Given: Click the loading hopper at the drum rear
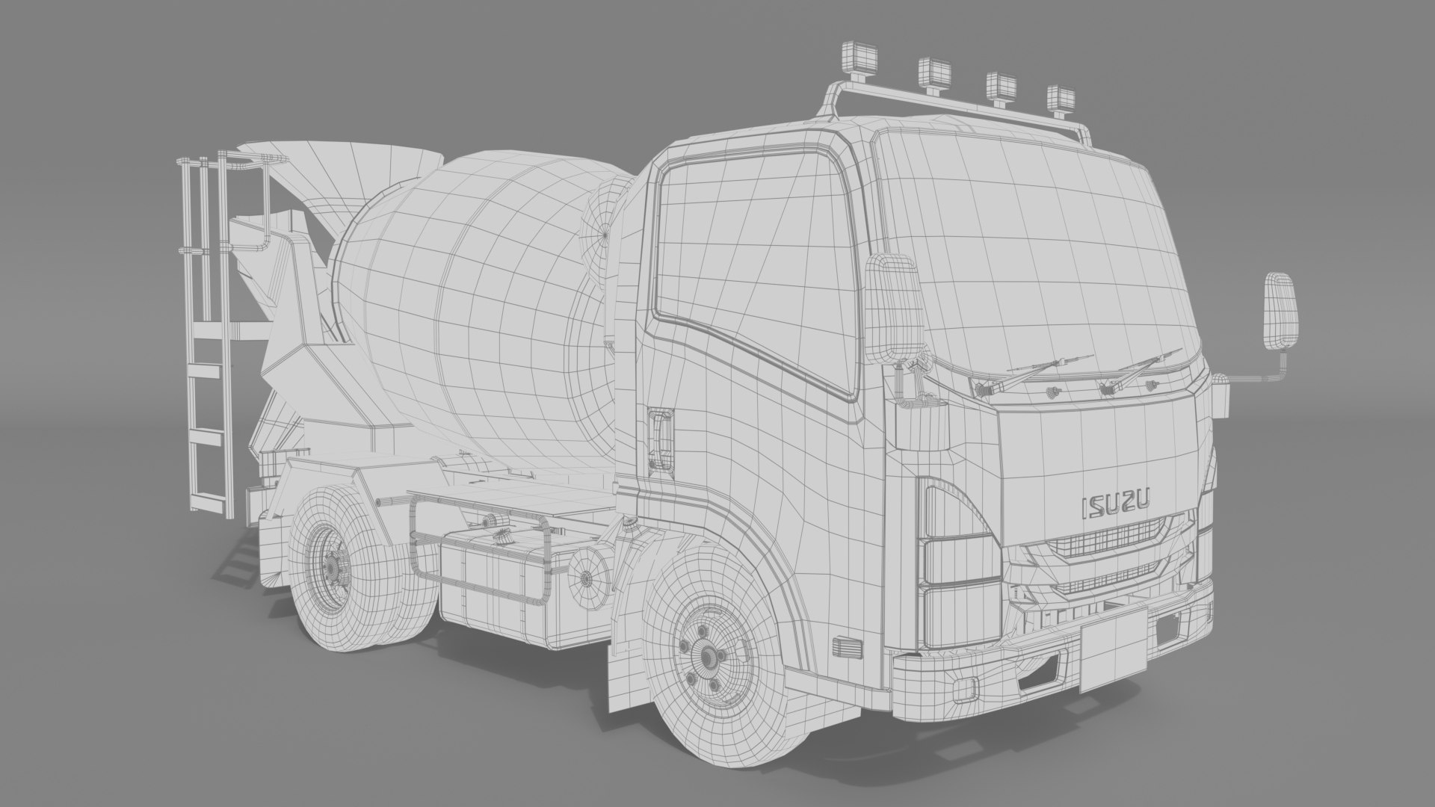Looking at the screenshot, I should pyautogui.click(x=359, y=187).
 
